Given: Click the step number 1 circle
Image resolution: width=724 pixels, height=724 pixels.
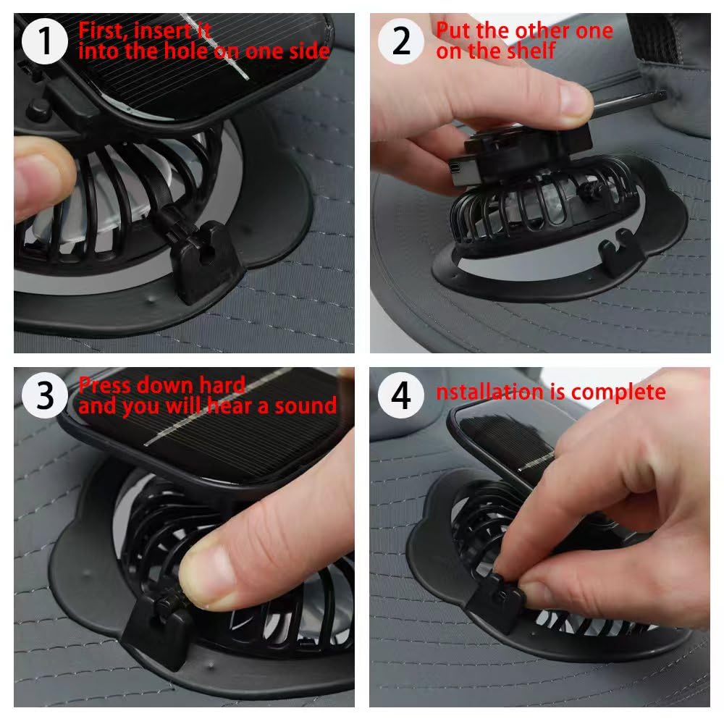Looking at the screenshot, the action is pyautogui.click(x=45, y=41).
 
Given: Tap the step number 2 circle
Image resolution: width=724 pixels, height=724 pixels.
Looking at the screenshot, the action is pyautogui.click(x=401, y=41).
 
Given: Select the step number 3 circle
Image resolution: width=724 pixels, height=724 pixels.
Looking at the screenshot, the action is pyautogui.click(x=45, y=395).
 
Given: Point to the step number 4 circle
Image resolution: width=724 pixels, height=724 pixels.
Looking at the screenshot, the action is pyautogui.click(x=401, y=395).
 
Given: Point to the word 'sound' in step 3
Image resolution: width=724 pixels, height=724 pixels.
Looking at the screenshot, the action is pyautogui.click(x=306, y=406).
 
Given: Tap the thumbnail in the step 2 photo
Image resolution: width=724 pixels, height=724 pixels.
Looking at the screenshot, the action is pyautogui.click(x=576, y=100).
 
